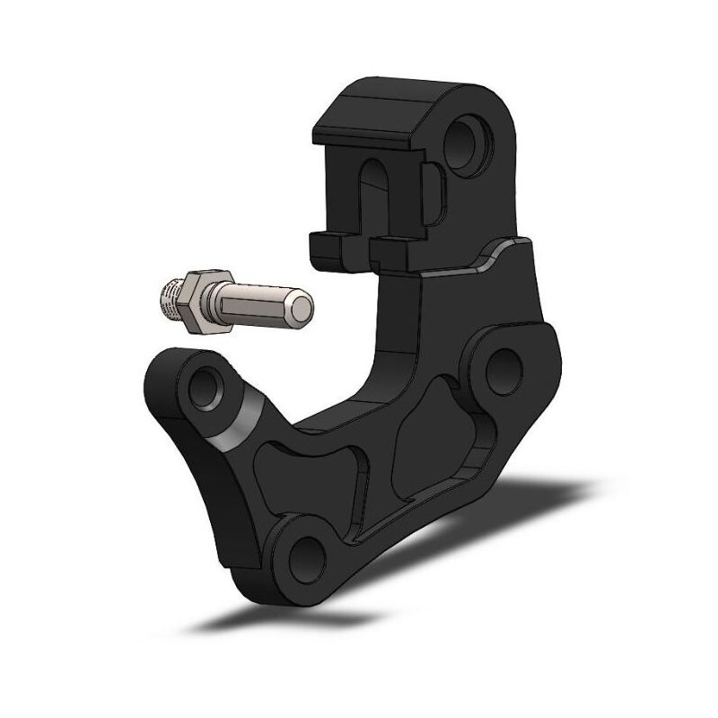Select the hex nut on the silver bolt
[197, 301]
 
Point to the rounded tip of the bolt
[304, 311]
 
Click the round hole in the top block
[469, 138]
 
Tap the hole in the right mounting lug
[503, 363]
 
